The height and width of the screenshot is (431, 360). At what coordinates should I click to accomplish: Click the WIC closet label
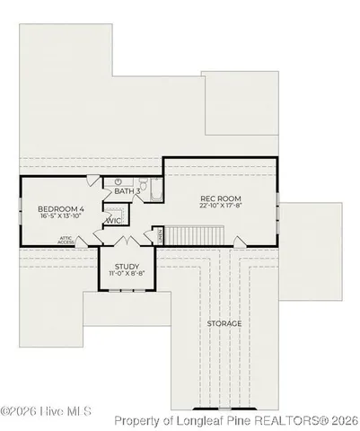coord(114,220)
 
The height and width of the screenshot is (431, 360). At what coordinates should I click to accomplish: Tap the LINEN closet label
coord(160,234)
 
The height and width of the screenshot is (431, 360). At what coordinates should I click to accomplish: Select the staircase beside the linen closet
coord(189,235)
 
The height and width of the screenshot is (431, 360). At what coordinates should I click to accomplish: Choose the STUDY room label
coord(127,265)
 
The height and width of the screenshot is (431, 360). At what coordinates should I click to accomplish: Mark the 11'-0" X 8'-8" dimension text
coord(127,274)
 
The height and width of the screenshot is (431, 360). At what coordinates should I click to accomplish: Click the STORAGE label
coord(224,323)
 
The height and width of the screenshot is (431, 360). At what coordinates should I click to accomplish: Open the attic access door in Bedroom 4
coord(83,241)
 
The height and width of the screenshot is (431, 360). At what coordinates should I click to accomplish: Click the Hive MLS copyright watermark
coord(46,412)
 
